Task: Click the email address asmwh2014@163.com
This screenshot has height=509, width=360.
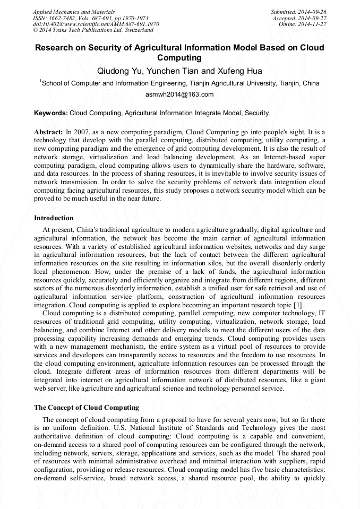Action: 179,94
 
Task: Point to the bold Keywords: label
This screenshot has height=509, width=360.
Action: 51,113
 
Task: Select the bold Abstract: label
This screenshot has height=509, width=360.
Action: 48,131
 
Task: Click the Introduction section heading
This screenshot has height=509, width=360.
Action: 54,218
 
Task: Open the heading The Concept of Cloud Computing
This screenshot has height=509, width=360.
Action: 86,408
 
